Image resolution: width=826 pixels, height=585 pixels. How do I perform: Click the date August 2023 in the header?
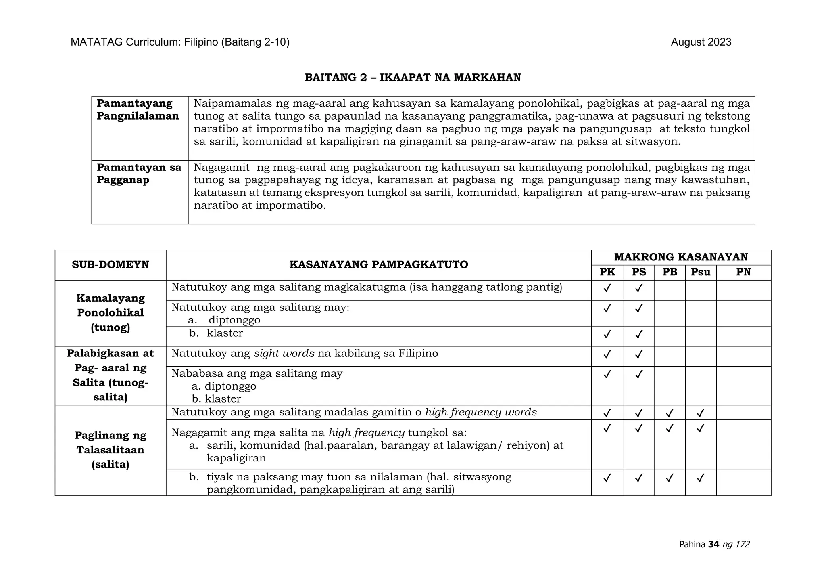(x=701, y=42)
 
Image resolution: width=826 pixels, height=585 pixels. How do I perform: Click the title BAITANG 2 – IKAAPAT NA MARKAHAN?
(x=413, y=78)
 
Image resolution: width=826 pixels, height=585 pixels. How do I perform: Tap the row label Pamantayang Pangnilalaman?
(x=138, y=110)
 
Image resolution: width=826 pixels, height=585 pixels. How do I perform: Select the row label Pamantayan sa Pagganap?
(x=139, y=174)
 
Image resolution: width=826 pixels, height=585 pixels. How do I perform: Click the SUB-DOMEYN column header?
(x=110, y=265)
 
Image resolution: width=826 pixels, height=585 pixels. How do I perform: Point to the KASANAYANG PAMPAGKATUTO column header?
(x=378, y=265)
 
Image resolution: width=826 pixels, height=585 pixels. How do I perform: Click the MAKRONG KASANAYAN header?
(x=681, y=257)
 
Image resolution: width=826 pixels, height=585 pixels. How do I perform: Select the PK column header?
(x=607, y=273)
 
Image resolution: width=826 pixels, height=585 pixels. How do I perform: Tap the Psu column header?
(x=700, y=273)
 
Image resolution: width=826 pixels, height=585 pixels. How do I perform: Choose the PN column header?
(x=743, y=273)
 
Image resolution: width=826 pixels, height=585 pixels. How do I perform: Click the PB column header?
(x=670, y=273)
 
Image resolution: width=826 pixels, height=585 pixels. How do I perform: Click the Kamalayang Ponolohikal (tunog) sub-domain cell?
(x=110, y=313)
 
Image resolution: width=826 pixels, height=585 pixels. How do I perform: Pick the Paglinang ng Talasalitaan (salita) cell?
(x=110, y=450)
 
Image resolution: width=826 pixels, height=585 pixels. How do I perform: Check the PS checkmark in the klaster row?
(x=638, y=334)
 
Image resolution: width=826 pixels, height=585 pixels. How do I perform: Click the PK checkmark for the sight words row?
(x=607, y=354)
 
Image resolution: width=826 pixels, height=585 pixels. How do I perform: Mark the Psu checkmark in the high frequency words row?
(x=701, y=413)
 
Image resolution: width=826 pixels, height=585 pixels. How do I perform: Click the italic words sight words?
(x=284, y=354)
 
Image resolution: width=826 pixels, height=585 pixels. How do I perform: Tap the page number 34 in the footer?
(x=713, y=545)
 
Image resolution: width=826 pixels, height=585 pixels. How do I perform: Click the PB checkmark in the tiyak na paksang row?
(x=670, y=478)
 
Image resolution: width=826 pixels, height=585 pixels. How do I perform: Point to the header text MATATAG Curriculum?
(x=125, y=42)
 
